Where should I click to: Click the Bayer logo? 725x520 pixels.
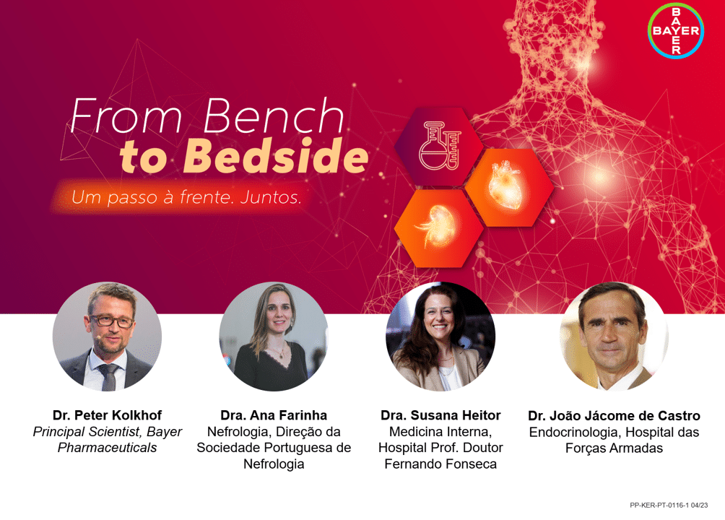point(675,30)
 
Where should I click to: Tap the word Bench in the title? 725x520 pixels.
point(274,116)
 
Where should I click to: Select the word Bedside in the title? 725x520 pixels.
point(276,155)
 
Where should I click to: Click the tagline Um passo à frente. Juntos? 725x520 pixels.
point(186,198)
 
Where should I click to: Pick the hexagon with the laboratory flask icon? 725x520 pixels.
point(439,146)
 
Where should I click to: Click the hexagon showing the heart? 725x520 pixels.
point(509,187)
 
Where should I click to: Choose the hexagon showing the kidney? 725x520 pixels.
point(439,228)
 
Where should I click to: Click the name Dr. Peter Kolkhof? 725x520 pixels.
point(108,415)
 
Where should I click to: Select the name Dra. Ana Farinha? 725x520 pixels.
point(274,415)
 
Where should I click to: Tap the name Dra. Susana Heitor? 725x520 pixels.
point(440,415)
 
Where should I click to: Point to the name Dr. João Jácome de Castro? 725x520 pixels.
point(614,415)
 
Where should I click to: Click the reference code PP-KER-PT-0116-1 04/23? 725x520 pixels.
point(669,506)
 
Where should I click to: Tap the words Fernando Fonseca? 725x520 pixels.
point(440,464)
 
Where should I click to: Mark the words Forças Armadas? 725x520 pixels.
point(614,448)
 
